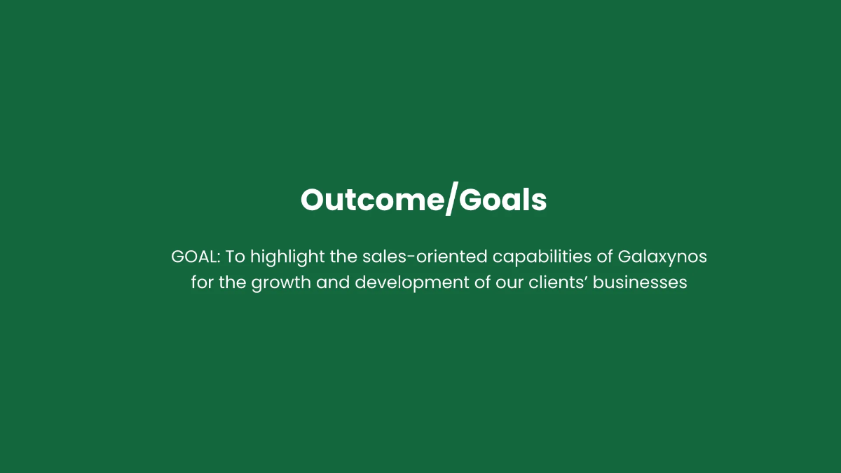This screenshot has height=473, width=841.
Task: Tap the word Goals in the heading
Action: pos(504,200)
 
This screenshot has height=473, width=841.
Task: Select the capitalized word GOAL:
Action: pos(196,257)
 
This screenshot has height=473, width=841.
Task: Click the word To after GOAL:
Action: pos(235,257)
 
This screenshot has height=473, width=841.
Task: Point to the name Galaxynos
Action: pos(662,257)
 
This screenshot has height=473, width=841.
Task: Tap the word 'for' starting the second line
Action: pos(202,284)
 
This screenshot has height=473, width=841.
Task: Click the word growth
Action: pos(282,284)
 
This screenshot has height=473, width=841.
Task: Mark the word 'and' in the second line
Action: pos(333,284)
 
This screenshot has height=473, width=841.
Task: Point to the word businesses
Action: pos(640,284)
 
